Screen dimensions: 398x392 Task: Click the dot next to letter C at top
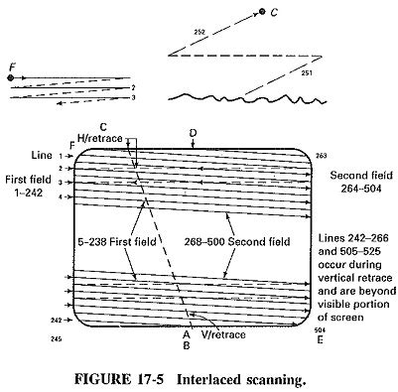click(x=262, y=12)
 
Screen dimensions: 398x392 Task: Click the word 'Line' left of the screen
click(x=40, y=156)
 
